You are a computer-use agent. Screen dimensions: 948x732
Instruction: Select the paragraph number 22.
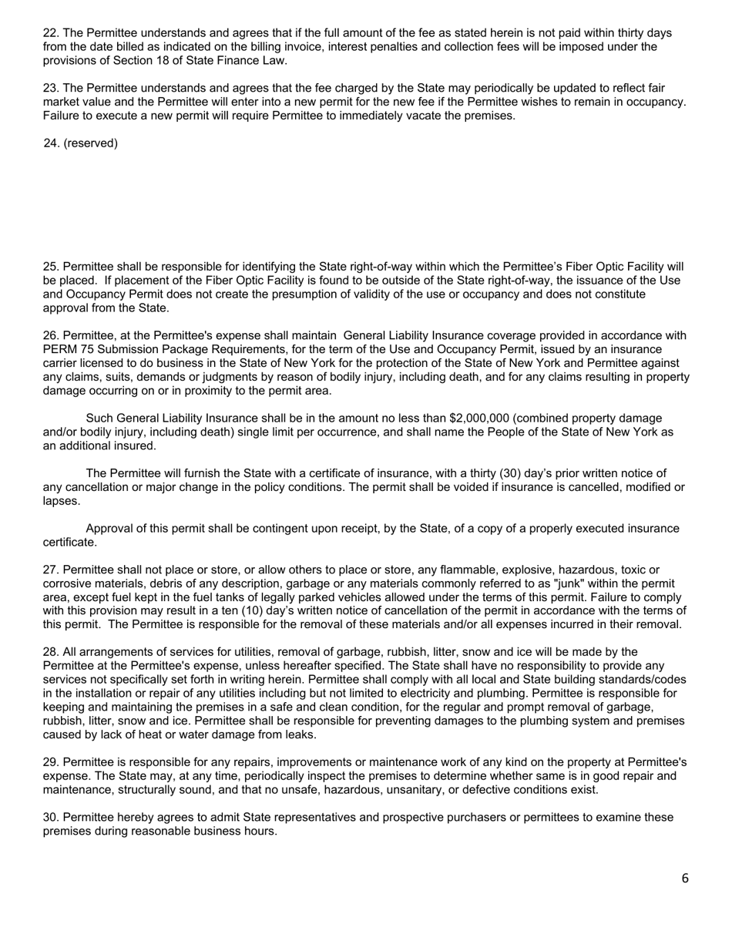coord(50,33)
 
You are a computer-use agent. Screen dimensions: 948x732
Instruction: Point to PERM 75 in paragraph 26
coord(67,349)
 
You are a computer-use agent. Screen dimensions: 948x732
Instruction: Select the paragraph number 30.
coord(50,818)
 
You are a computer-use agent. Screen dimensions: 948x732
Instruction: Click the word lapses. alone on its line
coord(62,501)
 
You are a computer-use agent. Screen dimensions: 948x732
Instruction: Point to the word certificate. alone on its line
coord(69,543)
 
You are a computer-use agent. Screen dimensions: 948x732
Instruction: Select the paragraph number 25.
coord(50,267)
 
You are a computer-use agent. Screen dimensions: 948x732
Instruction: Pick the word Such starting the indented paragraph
coord(100,419)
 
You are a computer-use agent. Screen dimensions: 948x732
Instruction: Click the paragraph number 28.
coord(50,653)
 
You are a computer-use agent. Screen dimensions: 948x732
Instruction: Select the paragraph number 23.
coord(50,89)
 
